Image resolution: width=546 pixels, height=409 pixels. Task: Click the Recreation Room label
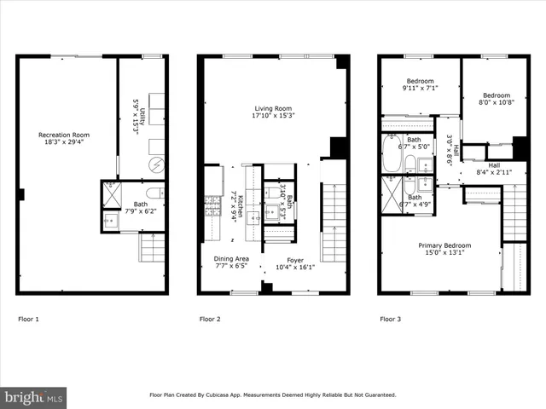(64, 140)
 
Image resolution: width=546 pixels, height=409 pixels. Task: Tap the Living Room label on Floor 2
(273, 113)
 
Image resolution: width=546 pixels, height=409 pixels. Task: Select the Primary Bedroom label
(444, 251)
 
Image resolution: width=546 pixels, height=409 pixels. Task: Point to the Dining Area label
(231, 263)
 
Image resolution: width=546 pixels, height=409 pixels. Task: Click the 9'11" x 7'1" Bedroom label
(420, 85)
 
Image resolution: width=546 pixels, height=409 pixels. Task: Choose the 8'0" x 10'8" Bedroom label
(496, 100)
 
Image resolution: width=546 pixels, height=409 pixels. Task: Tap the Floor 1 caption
(29, 320)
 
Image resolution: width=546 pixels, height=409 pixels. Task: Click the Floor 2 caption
(210, 320)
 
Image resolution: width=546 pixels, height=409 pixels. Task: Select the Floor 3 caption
(390, 320)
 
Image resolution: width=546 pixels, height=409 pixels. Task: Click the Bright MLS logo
(34, 396)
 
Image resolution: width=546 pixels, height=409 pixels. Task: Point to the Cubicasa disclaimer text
(273, 395)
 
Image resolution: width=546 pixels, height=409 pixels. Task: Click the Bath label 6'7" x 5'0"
(414, 144)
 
